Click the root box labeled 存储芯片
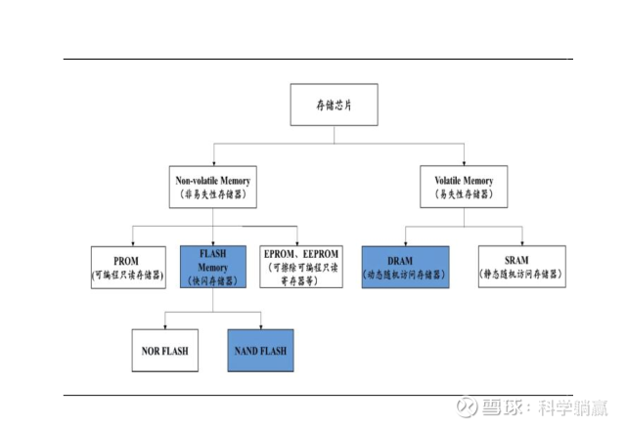(334, 105)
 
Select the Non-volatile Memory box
(212, 187)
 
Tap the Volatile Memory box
(464, 187)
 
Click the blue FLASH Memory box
(213, 266)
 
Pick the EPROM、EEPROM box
(302, 266)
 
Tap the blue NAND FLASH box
(259, 350)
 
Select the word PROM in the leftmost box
(125, 261)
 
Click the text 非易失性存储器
(212, 194)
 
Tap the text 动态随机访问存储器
(404, 276)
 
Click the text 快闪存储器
(213, 278)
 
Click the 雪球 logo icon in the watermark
(466, 406)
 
